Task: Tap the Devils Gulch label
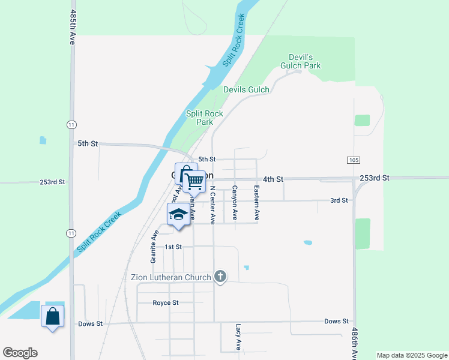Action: tap(246, 89)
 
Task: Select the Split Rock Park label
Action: tap(204, 118)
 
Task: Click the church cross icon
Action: tap(220, 277)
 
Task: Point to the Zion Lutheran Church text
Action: tap(171, 277)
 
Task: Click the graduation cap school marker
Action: tap(178, 215)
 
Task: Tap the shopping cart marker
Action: tap(194, 181)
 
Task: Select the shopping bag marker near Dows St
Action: tap(52, 316)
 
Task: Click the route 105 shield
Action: tap(353, 160)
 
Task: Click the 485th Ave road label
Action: tap(73, 27)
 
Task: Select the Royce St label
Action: tap(166, 303)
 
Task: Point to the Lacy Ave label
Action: tap(238, 337)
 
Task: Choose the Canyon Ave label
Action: tap(235, 203)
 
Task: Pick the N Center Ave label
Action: tap(212, 205)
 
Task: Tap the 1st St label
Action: tap(173, 247)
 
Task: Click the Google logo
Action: tap(20, 353)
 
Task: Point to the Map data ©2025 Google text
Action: tap(412, 355)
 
